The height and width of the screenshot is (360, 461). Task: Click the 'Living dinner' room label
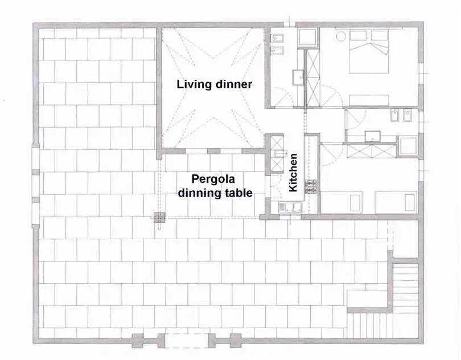[214, 84]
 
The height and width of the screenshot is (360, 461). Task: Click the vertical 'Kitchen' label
[294, 173]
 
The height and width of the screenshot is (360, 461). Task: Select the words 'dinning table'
[215, 193]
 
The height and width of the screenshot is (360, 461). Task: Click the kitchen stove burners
[311, 187]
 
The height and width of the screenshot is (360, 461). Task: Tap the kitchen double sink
[289, 206]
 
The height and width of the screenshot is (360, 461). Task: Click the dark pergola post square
[159, 216]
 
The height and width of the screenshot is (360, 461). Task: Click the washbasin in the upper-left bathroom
[297, 77]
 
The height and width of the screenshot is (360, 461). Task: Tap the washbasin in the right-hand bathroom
[373, 136]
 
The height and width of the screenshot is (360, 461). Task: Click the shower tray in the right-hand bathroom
[408, 145]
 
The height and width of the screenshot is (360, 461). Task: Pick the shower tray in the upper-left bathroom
[308, 38]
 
